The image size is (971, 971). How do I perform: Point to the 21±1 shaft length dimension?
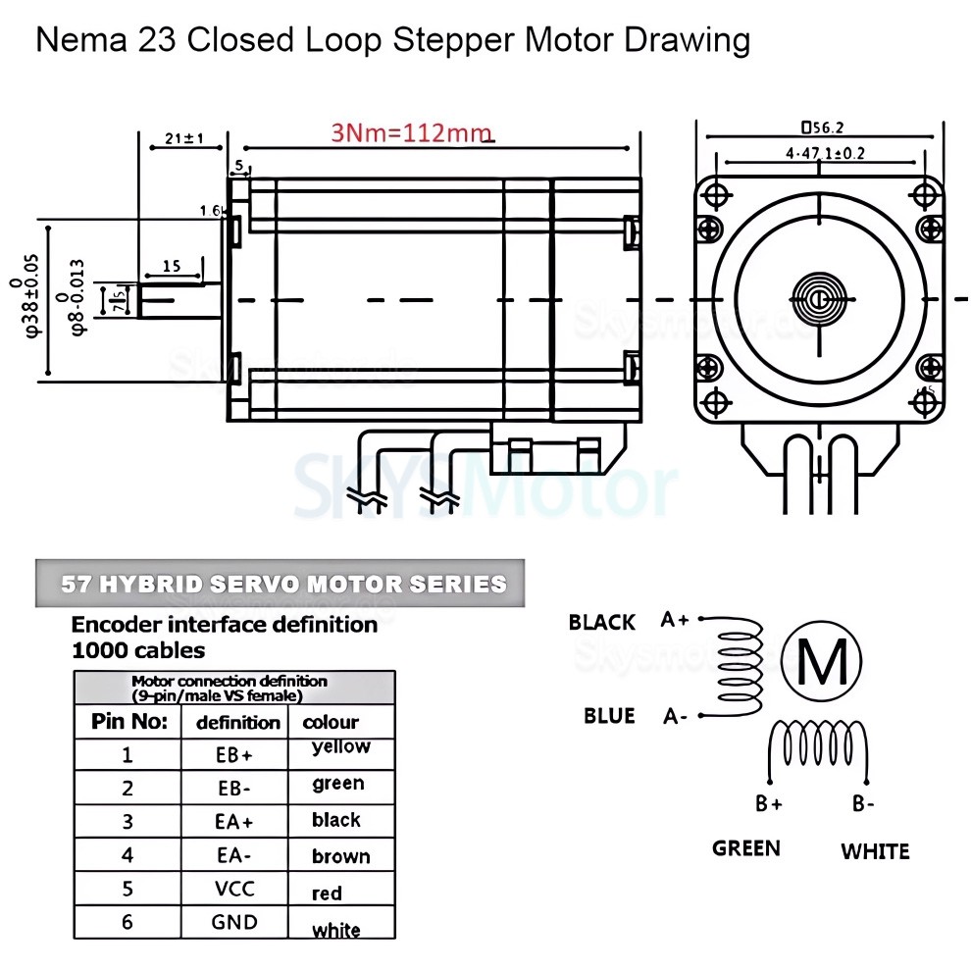(x=183, y=139)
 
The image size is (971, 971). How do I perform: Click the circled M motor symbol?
(x=823, y=662)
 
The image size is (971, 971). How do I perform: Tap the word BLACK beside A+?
(x=601, y=623)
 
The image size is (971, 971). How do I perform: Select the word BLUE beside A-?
(x=609, y=716)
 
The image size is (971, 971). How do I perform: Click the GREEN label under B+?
(x=746, y=848)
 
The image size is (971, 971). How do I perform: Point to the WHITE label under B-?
(x=875, y=851)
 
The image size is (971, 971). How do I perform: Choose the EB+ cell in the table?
(x=234, y=755)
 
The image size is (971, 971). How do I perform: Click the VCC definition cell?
(x=234, y=889)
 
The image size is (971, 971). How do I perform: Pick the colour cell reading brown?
(x=340, y=856)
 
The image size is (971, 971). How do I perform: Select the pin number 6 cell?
(x=127, y=922)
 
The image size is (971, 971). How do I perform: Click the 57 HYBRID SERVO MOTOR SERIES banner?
(x=282, y=585)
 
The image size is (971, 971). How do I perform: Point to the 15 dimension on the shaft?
(x=171, y=266)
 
